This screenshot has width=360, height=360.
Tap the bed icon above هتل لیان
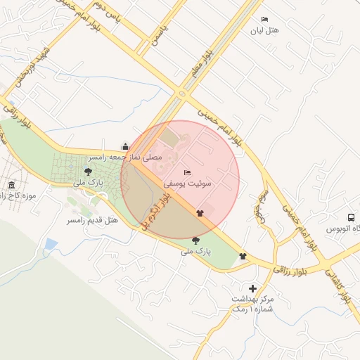pyautogui.click(x=264, y=19)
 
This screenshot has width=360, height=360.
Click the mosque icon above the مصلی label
pyautogui.click(x=125, y=146)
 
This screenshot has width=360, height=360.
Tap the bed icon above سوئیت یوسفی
pyautogui.click(x=187, y=172)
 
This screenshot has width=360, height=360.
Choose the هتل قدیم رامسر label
pyautogui.click(x=92, y=221)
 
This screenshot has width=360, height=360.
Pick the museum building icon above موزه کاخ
pyautogui.click(x=11, y=185)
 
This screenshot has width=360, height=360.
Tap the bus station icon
pyautogui.click(x=351, y=217)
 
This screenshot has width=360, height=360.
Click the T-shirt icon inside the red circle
pyautogui.click(x=200, y=212)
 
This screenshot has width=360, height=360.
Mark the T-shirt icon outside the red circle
pyautogui.click(x=243, y=257)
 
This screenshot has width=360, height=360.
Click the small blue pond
pyautogui.click(x=50, y=245)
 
